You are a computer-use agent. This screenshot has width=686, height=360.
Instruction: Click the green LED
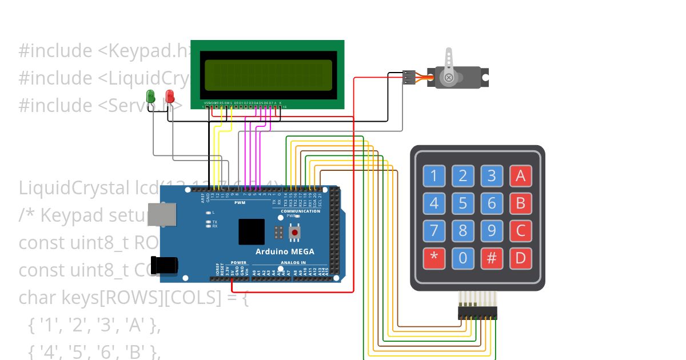pos(151,96)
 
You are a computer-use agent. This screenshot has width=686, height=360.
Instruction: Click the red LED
pos(170,96)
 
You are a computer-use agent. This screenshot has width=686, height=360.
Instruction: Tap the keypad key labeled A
pos(520,176)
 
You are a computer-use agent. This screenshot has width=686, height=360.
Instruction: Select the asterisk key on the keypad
pos(434,258)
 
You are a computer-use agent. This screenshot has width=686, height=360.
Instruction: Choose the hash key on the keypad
pos(491,258)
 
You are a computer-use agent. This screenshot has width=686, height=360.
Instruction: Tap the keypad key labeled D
pos(520,258)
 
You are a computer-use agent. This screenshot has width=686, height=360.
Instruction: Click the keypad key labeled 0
pos(462,258)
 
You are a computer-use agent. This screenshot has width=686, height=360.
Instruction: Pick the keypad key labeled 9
pos(491,231)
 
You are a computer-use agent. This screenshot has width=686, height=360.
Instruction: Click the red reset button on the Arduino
pos(295,233)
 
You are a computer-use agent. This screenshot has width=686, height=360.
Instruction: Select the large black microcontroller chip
pos(252,231)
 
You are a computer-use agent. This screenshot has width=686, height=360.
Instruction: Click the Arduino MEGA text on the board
pos(284,251)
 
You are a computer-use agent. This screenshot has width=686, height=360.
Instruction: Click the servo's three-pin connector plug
pos(409,77)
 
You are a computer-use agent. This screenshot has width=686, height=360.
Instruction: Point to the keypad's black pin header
pos(477,313)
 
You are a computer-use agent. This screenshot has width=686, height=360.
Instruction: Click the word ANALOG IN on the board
pos(293,263)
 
